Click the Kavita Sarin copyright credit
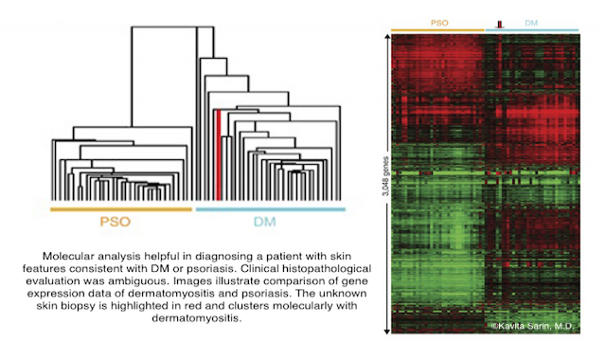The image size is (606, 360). [532, 326]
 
